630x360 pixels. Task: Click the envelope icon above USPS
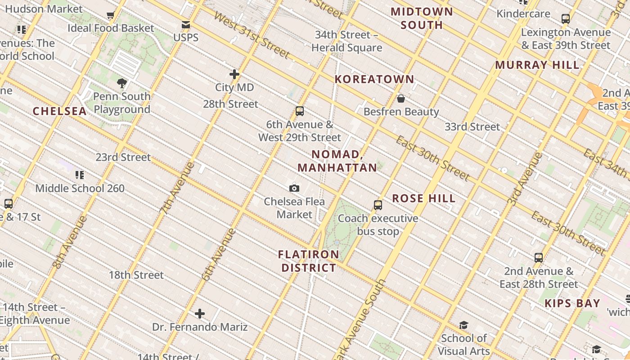[x=185, y=25]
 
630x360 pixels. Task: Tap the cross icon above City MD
[x=234, y=74]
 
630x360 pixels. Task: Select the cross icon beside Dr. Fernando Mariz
[x=200, y=314]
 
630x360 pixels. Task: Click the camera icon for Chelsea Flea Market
[x=294, y=188]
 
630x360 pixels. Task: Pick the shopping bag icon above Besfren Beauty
[x=401, y=99]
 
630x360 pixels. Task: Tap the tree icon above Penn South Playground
[x=121, y=83]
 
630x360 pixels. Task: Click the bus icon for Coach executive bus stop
[x=378, y=205]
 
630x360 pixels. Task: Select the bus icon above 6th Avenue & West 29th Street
[x=300, y=111]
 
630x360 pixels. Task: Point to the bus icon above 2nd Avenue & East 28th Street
[x=539, y=258]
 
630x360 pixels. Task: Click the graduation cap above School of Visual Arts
[x=463, y=325]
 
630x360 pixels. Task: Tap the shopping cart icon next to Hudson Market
[x=111, y=15]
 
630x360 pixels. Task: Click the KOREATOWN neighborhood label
[x=374, y=79]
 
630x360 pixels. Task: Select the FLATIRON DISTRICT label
[x=309, y=261]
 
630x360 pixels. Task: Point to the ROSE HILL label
[x=423, y=198]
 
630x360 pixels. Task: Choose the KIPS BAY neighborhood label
[x=572, y=303]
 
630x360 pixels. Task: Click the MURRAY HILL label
[x=537, y=65]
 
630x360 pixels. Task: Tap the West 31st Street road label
[x=252, y=35]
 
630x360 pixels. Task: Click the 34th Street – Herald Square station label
[x=346, y=41]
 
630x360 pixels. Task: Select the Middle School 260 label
[x=80, y=188]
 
